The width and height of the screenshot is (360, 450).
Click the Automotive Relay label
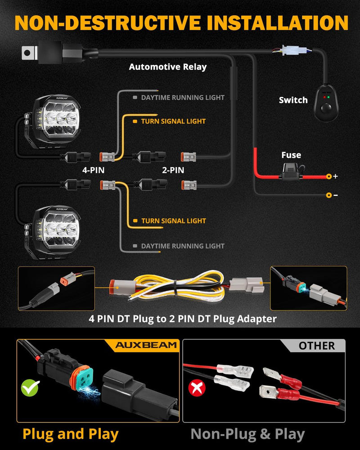[167, 67]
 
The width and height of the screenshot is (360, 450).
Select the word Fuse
[291, 155]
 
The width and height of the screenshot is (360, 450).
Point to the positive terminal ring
[329, 176]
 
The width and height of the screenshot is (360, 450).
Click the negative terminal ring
[329, 195]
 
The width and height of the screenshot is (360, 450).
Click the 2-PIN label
[173, 171]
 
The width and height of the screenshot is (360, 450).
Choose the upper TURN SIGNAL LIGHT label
[173, 121]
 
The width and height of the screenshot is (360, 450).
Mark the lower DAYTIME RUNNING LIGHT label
[182, 246]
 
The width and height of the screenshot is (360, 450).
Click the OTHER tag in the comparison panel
[316, 346]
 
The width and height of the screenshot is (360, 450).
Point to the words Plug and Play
[71, 434]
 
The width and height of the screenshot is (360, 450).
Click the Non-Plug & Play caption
[247, 434]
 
